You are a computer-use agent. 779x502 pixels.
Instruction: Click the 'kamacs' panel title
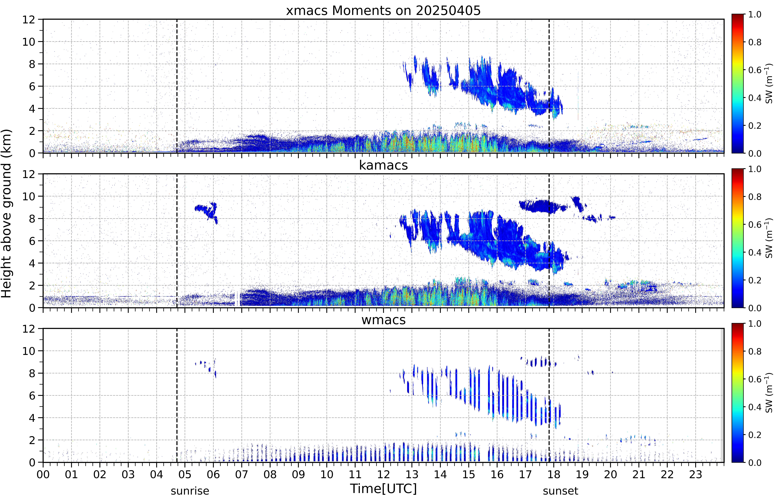[383, 165]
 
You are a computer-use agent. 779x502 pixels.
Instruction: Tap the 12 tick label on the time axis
[383, 474]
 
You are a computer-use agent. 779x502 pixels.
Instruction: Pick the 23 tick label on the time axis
[696, 474]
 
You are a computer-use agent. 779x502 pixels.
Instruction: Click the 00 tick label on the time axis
[43, 474]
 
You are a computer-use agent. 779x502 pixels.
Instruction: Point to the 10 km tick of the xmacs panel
[29, 42]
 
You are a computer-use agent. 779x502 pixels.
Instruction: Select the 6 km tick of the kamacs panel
[32, 241]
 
